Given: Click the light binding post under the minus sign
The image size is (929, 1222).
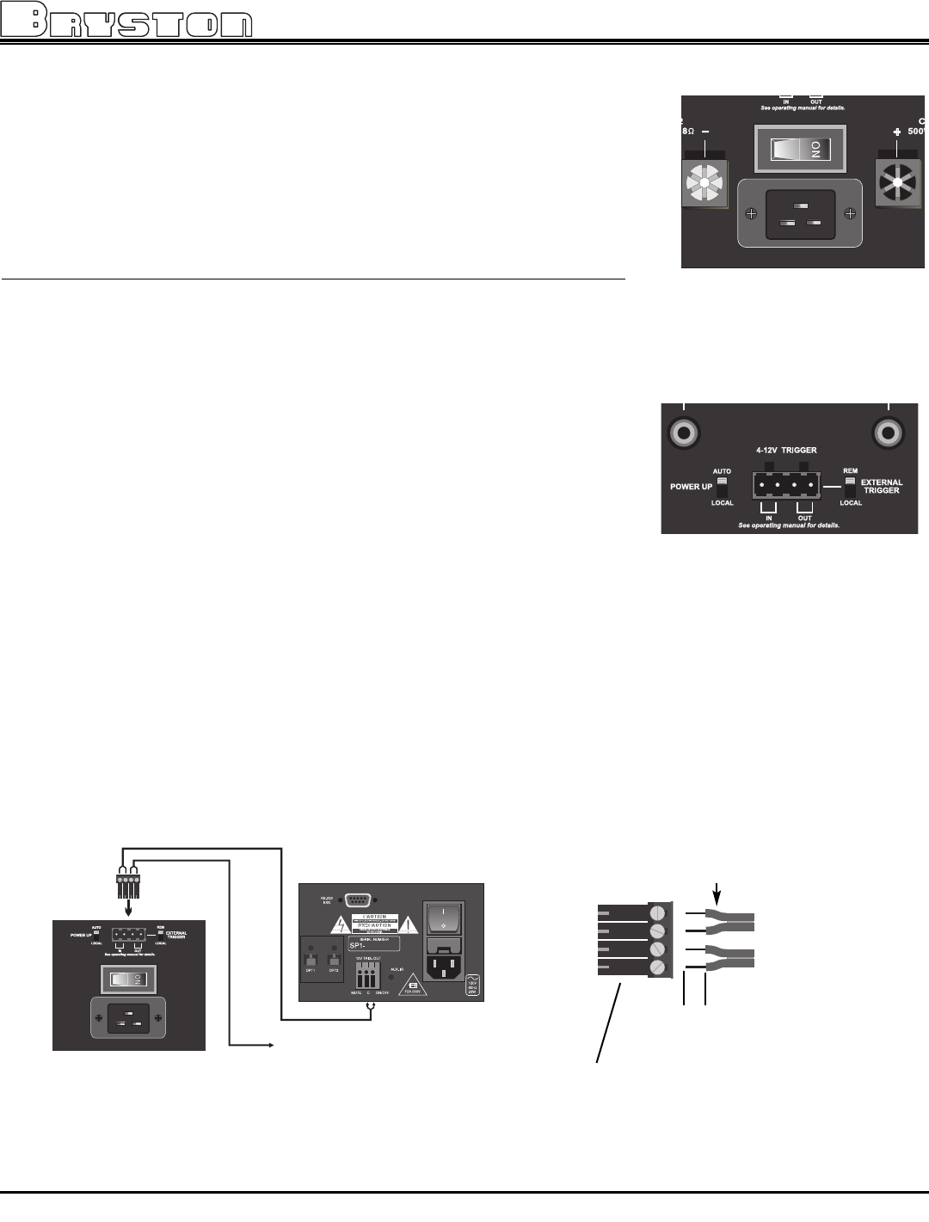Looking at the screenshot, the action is (x=704, y=180).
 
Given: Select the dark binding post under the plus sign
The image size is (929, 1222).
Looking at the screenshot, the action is (x=897, y=180).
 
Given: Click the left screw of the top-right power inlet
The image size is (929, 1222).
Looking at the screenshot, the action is (x=752, y=213).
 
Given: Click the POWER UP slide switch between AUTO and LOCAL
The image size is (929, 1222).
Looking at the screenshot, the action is (x=722, y=487).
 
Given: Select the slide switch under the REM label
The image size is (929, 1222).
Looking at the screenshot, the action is (x=851, y=487).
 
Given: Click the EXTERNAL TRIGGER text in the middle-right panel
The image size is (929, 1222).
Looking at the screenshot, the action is (x=883, y=487).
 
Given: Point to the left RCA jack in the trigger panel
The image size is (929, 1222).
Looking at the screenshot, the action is (x=685, y=432).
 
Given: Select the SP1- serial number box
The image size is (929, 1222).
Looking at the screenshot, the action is (x=374, y=944).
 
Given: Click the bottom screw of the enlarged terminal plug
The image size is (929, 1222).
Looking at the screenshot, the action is (x=659, y=968).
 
